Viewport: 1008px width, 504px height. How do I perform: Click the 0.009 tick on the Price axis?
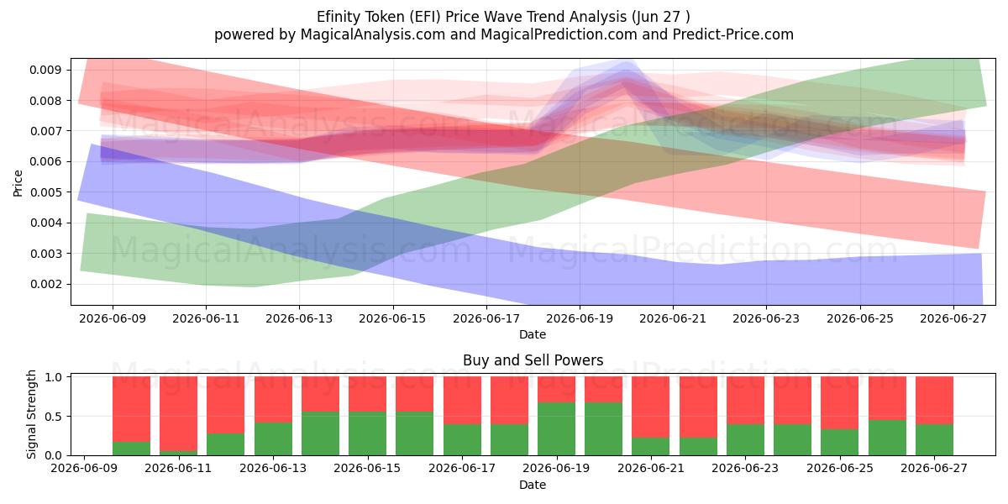pyautogui.click(x=45, y=70)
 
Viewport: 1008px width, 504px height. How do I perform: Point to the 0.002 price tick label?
pyautogui.click(x=45, y=284)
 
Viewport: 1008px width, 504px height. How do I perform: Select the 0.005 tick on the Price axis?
pyautogui.click(x=45, y=192)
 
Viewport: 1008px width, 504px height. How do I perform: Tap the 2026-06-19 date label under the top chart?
pyautogui.click(x=580, y=318)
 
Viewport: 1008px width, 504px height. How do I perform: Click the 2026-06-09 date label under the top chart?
pyautogui.click(x=113, y=318)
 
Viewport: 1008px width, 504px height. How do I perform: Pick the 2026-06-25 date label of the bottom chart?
pyautogui.click(x=840, y=468)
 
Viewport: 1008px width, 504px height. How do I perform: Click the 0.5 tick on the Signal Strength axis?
pyautogui.click(x=54, y=417)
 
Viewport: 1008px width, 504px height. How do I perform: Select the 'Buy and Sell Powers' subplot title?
pyautogui.click(x=533, y=360)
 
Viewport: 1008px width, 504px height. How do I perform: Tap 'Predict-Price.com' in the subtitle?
pyautogui.click(x=733, y=34)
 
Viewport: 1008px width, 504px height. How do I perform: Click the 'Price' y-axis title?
pyautogui.click(x=18, y=183)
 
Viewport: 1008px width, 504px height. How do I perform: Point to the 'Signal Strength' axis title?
pyautogui.click(x=31, y=414)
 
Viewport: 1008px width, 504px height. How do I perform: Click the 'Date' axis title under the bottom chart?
pyautogui.click(x=533, y=485)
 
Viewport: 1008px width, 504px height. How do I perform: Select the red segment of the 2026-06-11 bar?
pyautogui.click(x=178, y=413)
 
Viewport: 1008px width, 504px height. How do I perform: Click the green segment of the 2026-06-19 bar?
pyautogui.click(x=556, y=429)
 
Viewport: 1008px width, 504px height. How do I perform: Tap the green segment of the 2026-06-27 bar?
pyautogui.click(x=934, y=439)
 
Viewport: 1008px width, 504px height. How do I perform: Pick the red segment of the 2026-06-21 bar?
pyautogui.click(x=651, y=407)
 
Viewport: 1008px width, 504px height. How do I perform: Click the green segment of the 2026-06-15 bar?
pyautogui.click(x=367, y=433)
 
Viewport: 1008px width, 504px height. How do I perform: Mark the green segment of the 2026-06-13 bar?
pyautogui.click(x=273, y=438)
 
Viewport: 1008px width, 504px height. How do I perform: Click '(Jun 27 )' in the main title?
pyautogui.click(x=660, y=17)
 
